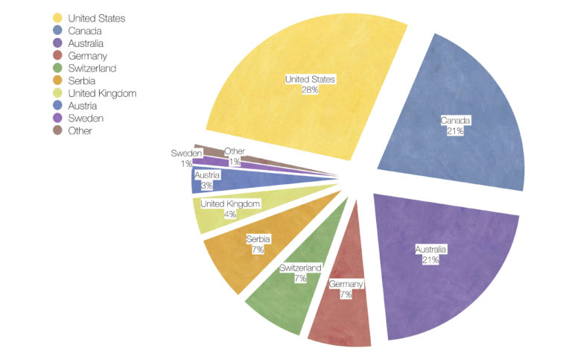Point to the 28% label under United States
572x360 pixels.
(x=310, y=89)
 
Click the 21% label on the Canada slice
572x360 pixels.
(x=456, y=131)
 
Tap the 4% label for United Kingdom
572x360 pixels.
(x=230, y=214)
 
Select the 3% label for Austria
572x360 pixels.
(x=206, y=186)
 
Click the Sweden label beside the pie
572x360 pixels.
(x=186, y=153)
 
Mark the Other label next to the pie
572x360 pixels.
(x=235, y=151)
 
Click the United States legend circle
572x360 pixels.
(x=57, y=17)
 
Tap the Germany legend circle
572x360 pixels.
(x=57, y=55)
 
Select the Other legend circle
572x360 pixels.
(x=57, y=130)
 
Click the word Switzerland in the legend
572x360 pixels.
(x=92, y=68)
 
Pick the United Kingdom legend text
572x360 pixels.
(x=102, y=93)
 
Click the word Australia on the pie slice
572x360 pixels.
(x=433, y=248)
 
